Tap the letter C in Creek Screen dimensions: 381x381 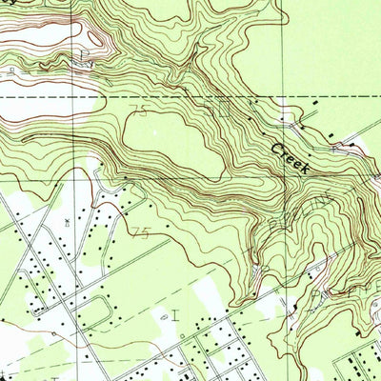pos(276,148)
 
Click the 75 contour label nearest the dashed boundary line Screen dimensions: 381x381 pos(141,112)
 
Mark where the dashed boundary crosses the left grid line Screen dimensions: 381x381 pos(74,96)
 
